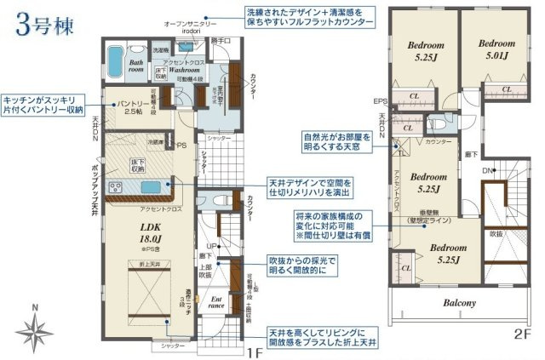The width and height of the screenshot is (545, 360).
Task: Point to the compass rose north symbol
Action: pyautogui.click(x=35, y=325)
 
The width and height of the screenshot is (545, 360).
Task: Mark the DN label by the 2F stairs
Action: pyautogui.click(x=488, y=171)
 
